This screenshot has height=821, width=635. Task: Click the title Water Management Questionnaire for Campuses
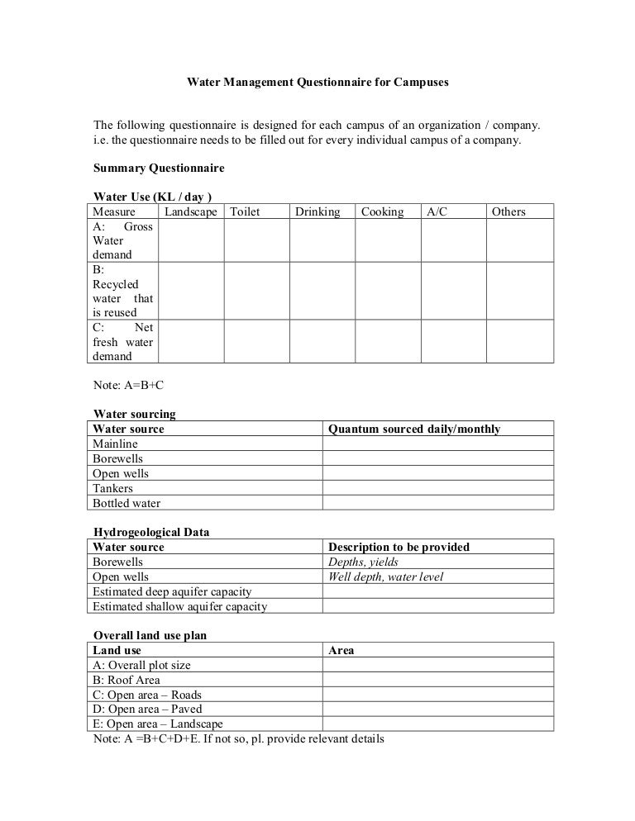317,83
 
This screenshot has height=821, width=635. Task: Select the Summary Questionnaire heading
158,168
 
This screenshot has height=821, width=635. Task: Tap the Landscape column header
191,212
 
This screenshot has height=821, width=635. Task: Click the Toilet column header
245,212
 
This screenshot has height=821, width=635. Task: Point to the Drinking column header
317,212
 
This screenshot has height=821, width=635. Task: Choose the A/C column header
437,212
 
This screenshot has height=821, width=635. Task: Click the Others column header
508,212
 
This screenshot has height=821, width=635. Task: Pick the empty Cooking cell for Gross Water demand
388,240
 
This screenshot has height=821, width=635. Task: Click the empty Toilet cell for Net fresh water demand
256,342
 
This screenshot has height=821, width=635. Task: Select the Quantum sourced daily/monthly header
414,429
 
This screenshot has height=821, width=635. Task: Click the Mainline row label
115,444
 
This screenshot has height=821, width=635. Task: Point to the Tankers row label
112,488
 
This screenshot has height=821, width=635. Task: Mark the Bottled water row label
127,503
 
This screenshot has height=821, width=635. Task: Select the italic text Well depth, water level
386,577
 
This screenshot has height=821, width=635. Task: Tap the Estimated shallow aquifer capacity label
179,606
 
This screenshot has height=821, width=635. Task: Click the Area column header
341,650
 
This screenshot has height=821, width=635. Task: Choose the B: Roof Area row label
127,680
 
